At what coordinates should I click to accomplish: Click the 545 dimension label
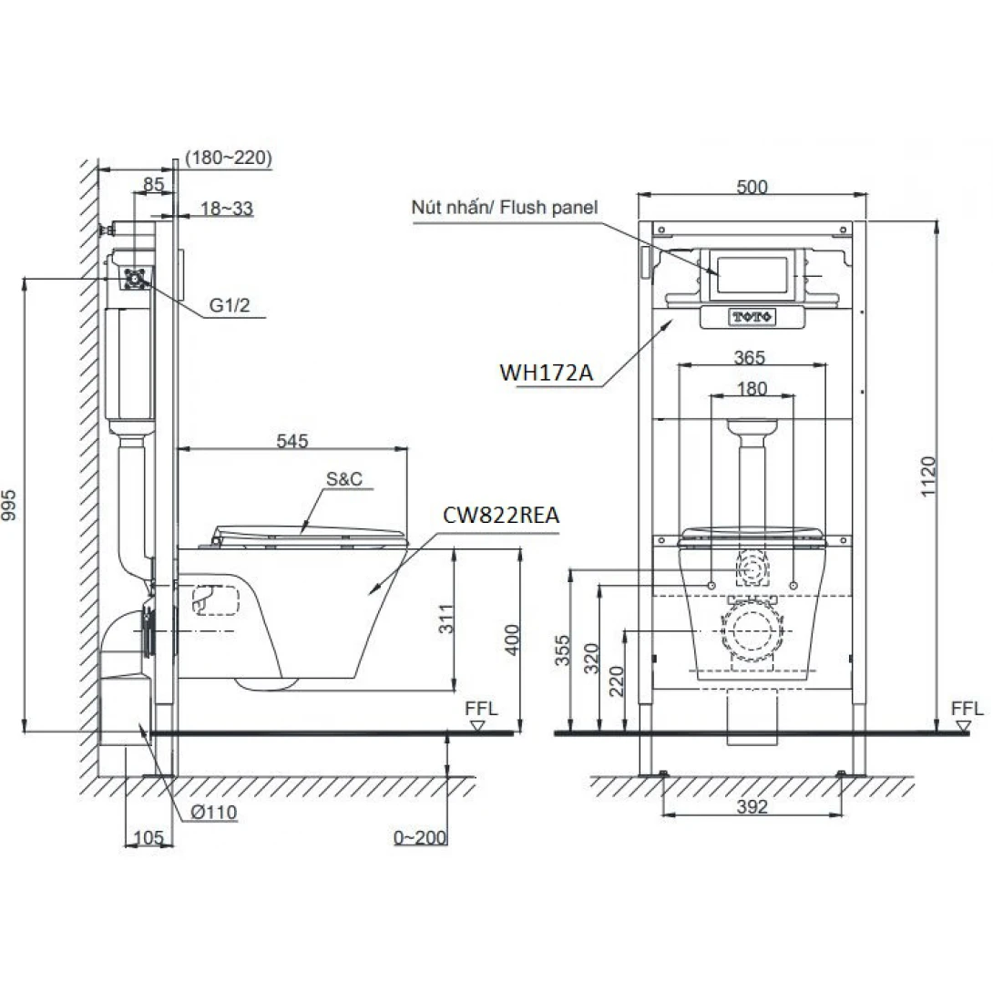[292, 441]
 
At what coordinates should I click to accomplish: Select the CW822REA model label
[501, 515]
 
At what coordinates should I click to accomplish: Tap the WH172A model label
[547, 373]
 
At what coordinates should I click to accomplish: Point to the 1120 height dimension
[927, 476]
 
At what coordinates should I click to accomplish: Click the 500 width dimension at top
[752, 187]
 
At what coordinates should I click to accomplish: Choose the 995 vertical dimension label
[9, 506]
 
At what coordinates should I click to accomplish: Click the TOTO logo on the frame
[752, 316]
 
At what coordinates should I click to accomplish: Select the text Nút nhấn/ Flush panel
[504, 207]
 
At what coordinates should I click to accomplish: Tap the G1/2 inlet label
[230, 305]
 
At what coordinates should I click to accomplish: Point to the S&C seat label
[344, 479]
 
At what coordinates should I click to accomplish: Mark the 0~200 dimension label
[420, 837]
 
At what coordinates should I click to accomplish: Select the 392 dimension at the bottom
[752, 806]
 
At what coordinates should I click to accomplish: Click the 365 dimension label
[749, 358]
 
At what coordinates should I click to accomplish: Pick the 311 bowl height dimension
[446, 619]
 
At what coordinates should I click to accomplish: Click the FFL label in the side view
[481, 709]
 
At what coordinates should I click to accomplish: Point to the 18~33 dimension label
[227, 208]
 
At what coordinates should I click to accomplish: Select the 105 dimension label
[148, 837]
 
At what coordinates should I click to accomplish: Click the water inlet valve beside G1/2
[135, 278]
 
